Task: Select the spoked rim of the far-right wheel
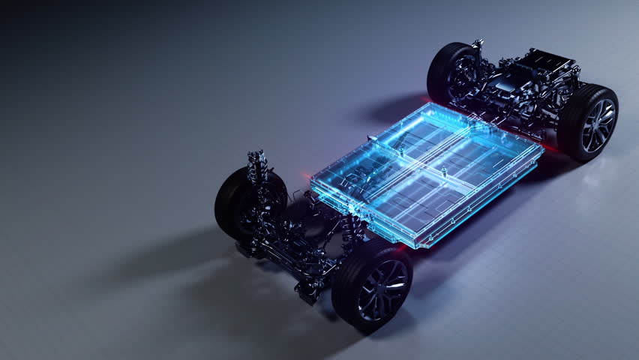click(x=598, y=125)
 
